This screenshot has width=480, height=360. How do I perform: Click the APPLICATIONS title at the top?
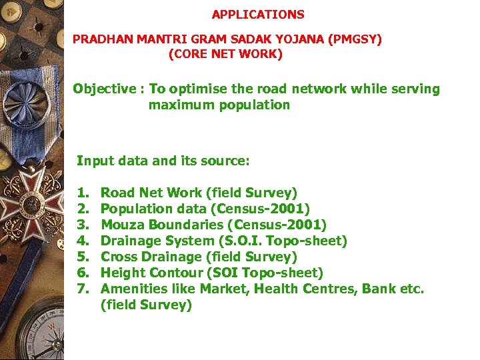coord(258,14)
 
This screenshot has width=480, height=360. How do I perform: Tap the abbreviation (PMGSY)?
coord(354,39)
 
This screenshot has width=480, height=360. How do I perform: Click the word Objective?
coord(105,89)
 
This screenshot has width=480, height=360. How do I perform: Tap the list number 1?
coord(82,193)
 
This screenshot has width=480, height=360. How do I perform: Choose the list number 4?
coord(82,241)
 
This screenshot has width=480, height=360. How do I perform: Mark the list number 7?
coord(82,289)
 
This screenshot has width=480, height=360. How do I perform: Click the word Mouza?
coord(121,225)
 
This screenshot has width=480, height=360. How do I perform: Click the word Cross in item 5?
coord(118,257)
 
